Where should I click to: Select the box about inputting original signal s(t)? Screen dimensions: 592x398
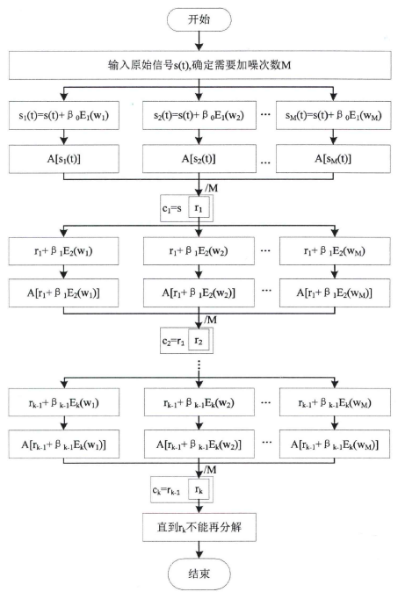[x=200, y=65]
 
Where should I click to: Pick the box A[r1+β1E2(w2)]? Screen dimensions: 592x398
[x=200, y=291]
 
